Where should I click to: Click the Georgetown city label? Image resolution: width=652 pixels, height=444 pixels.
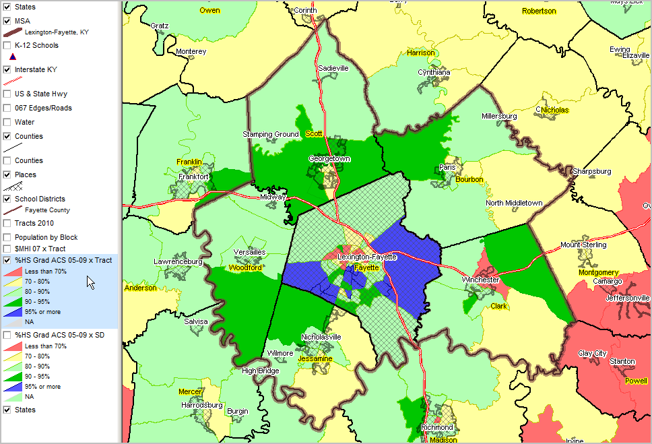coord(329,159)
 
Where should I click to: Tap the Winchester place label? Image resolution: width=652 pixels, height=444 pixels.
coord(480,280)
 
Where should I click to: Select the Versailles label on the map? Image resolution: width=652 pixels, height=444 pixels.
coord(249,252)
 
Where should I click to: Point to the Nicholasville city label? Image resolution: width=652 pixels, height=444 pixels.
coord(321,336)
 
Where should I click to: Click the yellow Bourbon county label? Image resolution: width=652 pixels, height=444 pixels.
coord(469,179)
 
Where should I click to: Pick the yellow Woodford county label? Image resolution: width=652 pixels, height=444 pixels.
coord(245,267)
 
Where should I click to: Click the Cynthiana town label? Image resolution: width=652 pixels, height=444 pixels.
coord(434,72)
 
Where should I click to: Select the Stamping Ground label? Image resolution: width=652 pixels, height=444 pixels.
coord(271,134)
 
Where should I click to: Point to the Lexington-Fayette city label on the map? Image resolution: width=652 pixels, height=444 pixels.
coord(366,257)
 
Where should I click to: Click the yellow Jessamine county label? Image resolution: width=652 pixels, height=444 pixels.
coord(315,358)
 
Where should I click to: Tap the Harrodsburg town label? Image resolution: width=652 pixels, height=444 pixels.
coord(202,405)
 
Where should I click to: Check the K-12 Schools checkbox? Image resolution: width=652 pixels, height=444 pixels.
coord(7,46)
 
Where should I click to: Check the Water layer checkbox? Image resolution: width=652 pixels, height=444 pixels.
coord(7,122)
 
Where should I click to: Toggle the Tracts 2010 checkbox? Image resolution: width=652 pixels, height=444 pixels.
coord(7,223)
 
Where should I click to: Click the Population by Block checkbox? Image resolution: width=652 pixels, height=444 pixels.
coord(7,237)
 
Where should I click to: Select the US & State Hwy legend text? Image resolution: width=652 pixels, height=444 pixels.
coord(40,94)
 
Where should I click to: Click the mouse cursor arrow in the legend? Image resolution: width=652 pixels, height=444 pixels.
coord(90,282)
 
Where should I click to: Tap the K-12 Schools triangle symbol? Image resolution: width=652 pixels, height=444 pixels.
coord(12,57)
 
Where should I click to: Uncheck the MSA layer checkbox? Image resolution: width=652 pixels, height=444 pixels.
coord(7,21)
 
